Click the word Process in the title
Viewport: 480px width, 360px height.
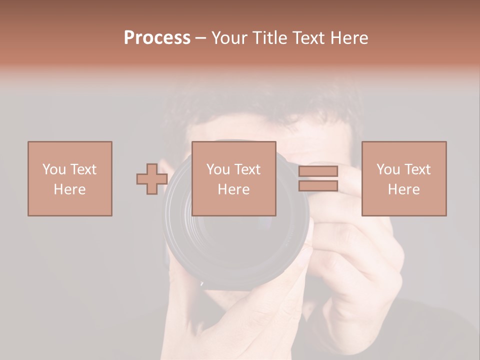[157, 38]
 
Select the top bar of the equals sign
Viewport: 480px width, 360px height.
[318, 171]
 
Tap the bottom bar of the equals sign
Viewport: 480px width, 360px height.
[318, 186]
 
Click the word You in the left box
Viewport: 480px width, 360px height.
[54, 169]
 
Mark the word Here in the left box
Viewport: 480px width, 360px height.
[69, 189]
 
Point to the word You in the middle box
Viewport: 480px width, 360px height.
[218, 169]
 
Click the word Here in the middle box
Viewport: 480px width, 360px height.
[233, 189]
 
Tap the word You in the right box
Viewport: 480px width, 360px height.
[388, 169]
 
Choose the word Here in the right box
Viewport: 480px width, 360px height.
[403, 189]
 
